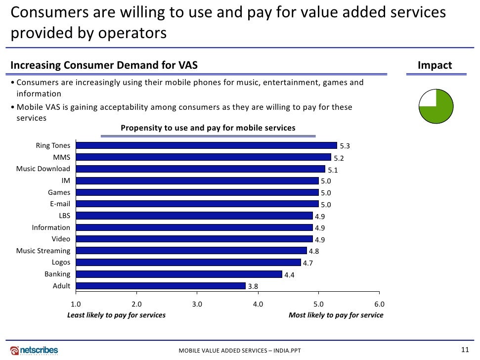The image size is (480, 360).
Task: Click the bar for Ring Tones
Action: pyautogui.click(x=206, y=145)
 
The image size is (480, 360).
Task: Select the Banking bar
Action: pyautogui.click(x=179, y=274)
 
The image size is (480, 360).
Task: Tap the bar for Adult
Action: pyautogui.click(x=161, y=285)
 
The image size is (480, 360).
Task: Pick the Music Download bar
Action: pyautogui.click(x=200, y=169)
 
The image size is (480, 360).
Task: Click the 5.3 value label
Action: pyautogui.click(x=345, y=146)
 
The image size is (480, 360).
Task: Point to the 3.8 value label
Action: pyautogui.click(x=253, y=286)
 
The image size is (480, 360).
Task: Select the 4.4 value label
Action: pyautogui.click(x=289, y=275)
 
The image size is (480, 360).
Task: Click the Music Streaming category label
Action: pyautogui.click(x=44, y=251)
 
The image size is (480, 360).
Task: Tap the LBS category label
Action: pyautogui.click(x=64, y=216)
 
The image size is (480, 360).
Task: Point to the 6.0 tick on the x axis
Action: pyautogui.click(x=379, y=304)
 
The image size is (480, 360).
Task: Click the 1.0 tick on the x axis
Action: pyautogui.click(x=76, y=304)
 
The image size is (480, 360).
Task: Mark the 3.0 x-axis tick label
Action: pyautogui.click(x=197, y=304)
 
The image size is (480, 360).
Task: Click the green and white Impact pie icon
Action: pyautogui.click(x=436, y=106)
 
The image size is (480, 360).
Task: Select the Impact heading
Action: pyautogui.click(x=435, y=66)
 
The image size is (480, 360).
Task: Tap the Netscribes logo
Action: pyautogui.click(x=35, y=350)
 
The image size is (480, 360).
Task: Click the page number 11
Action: pyautogui.click(x=464, y=350)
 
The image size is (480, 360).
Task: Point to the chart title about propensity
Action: pyautogui.click(x=208, y=128)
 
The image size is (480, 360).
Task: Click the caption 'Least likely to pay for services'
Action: pyautogui.click(x=116, y=315)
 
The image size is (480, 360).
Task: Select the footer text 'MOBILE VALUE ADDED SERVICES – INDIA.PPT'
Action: pyautogui.click(x=240, y=351)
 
